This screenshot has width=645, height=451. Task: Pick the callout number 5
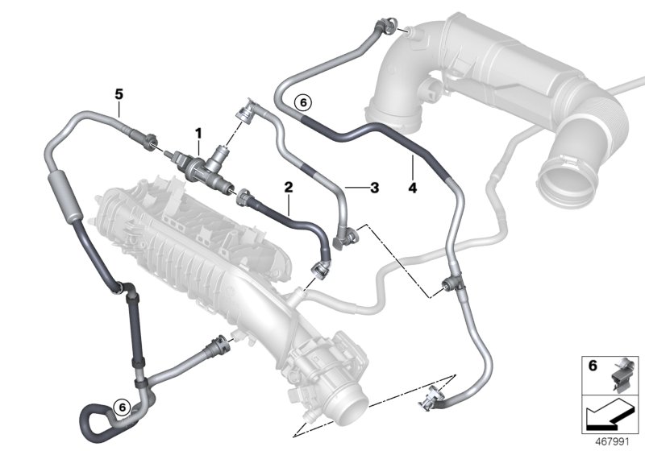119,94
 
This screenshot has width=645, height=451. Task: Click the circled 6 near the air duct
302,102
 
